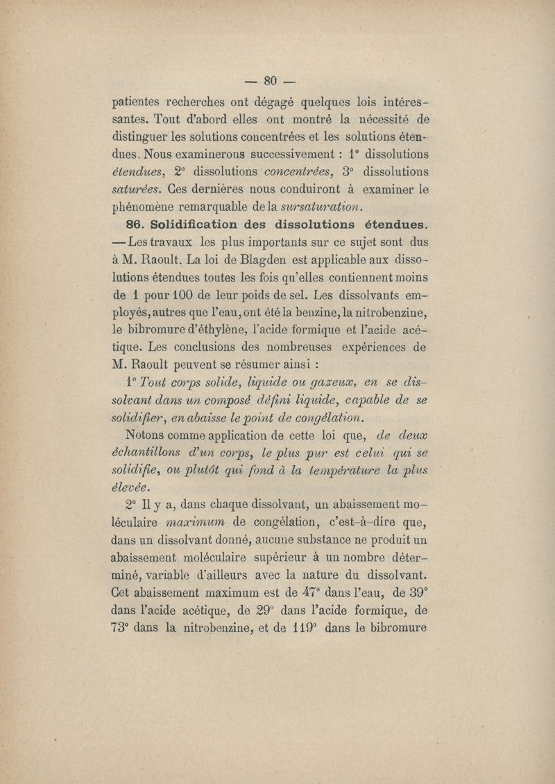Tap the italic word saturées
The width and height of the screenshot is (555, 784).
tap(136, 188)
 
